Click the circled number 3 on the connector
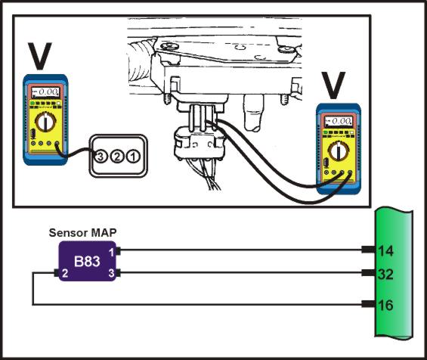101,157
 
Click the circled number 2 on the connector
117,157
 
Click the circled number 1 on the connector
134,157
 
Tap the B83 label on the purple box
87,262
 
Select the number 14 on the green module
386,251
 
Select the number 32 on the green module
385,274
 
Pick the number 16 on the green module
386,305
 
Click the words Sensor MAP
83,233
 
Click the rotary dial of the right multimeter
339,151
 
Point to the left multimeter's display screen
45,92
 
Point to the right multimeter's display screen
339,121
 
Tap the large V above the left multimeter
40,56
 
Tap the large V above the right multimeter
333,85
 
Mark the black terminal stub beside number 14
369,250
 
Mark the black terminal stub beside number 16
369,304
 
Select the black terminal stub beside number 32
369,273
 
